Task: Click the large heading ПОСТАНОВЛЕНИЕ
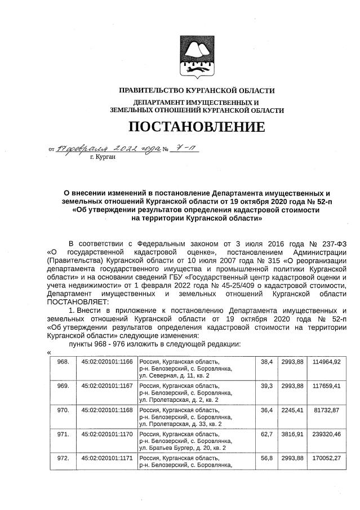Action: (x=197, y=126)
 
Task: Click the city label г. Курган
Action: (x=103, y=157)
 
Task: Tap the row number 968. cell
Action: (x=64, y=361)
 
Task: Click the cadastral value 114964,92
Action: (x=327, y=361)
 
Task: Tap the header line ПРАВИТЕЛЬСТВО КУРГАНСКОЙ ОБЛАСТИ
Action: (x=197, y=91)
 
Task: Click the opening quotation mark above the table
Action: (x=50, y=352)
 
